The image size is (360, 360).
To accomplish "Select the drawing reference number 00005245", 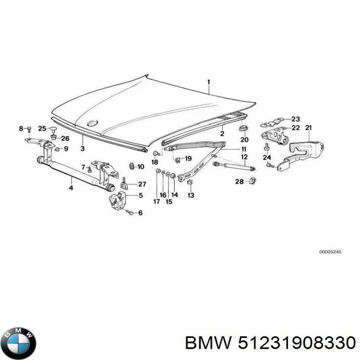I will click(x=330, y=252).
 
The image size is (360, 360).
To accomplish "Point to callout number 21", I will click(x=308, y=128).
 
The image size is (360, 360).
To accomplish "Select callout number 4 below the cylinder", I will click(x=71, y=188).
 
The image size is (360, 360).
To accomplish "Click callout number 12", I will click(x=244, y=157).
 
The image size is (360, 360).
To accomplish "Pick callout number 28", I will click(x=239, y=181).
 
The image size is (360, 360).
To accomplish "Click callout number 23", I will click(x=295, y=119).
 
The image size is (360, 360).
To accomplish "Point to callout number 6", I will click(x=140, y=213).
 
